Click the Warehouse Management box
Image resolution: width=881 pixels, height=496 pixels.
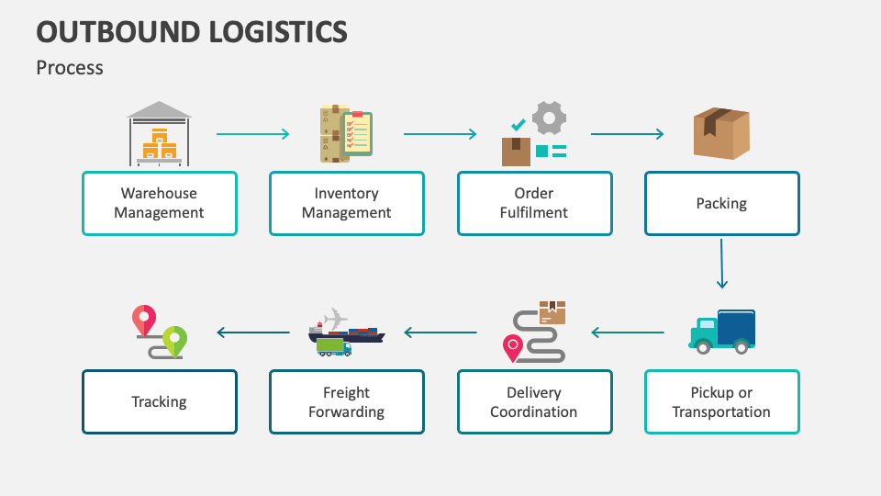(160, 203)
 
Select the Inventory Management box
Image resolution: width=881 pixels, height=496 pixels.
(347, 203)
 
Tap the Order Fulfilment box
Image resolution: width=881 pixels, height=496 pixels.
(534, 203)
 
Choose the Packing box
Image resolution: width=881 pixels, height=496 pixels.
(721, 203)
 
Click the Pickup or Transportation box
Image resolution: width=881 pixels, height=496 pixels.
(721, 402)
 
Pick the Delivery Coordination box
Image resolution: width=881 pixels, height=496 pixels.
(534, 402)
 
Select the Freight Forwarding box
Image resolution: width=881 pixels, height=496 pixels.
(347, 402)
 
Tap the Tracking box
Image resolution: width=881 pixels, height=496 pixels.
(160, 402)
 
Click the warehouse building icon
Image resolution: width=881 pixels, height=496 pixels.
(160, 134)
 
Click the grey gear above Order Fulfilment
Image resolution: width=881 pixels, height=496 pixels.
(549, 118)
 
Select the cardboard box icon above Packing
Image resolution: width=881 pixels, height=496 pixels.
(721, 133)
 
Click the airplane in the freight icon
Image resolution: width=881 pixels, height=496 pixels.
(336, 318)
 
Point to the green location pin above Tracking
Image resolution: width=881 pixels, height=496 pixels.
(174, 339)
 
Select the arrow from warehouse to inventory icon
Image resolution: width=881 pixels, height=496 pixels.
(253, 134)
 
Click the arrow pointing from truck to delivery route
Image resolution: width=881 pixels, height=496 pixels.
(628, 333)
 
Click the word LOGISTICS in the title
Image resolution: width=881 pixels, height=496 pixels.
(268, 32)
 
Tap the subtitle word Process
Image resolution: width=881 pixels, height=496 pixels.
(70, 67)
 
